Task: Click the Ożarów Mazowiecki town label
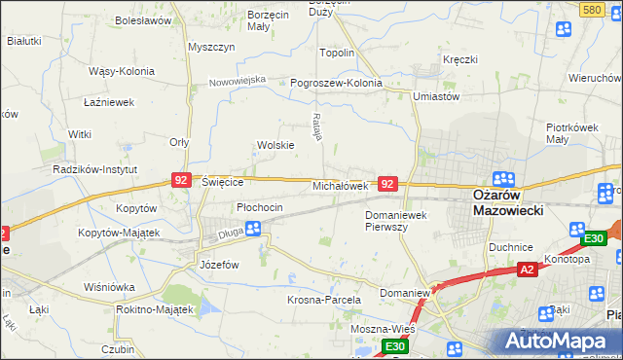click(505, 202)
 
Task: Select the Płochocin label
click(260, 207)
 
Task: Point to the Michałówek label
click(339, 185)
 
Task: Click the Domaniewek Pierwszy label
click(399, 220)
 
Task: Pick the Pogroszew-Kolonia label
click(337, 84)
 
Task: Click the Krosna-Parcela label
click(324, 301)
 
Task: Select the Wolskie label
click(275, 145)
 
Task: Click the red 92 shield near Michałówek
click(387, 184)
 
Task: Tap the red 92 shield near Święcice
click(181, 180)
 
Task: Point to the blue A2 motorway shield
click(527, 270)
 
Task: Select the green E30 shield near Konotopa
click(593, 238)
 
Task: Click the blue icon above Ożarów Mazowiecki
click(504, 178)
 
